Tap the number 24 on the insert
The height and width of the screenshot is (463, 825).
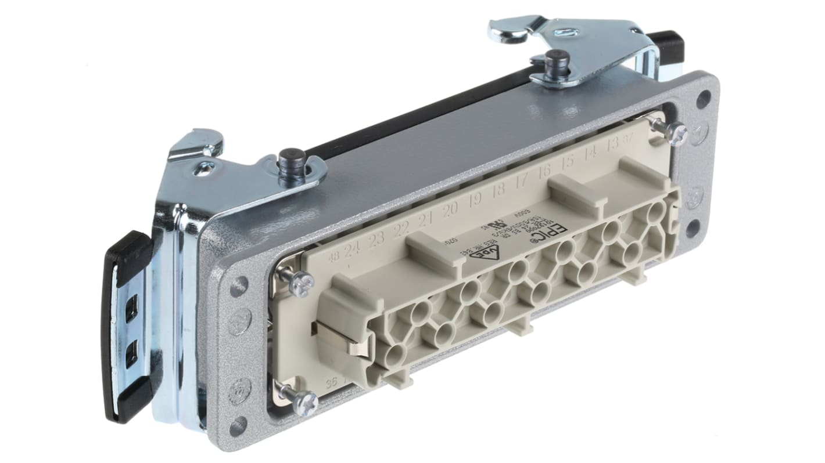point(351,251)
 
